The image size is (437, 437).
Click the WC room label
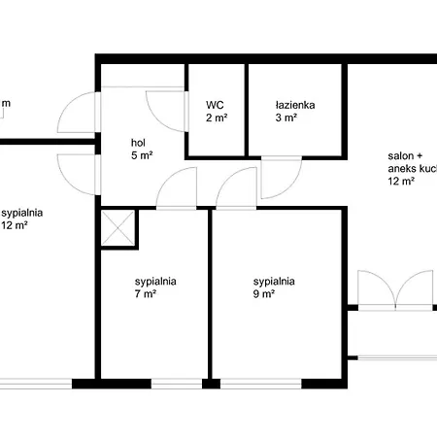[216, 105]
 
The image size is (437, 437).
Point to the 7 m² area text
[145, 295]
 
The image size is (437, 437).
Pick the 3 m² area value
[287, 118]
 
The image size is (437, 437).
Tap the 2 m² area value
[216, 118]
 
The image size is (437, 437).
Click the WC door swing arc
[163, 107]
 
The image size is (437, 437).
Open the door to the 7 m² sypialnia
[176, 188]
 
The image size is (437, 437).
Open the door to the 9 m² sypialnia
[237, 188]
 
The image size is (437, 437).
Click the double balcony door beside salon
[392, 290]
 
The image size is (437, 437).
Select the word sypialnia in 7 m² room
[155, 283]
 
